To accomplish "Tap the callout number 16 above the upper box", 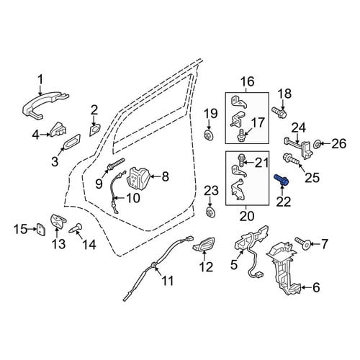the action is [x=248, y=82].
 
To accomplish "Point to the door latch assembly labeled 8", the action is [x=139, y=178].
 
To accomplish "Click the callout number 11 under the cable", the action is [x=167, y=280].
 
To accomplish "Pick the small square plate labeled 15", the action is [x=41, y=229].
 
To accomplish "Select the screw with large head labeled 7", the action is [x=303, y=244].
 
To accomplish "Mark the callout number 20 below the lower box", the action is [x=247, y=216].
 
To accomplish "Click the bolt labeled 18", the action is [x=279, y=112].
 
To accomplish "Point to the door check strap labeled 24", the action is [x=299, y=145].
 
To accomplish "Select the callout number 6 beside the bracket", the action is [x=317, y=287].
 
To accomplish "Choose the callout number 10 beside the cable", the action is [x=133, y=198].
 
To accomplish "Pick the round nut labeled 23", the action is [x=210, y=212].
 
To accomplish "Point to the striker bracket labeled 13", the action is [x=58, y=220].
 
